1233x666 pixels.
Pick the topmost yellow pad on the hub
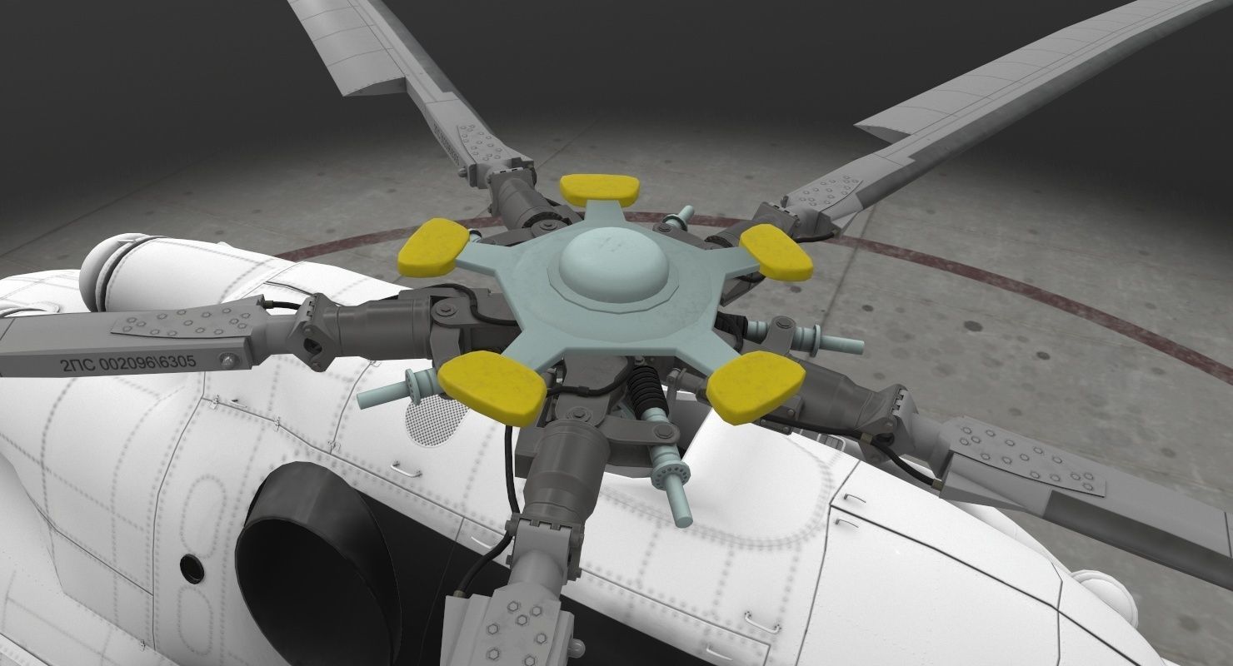[x=600, y=189]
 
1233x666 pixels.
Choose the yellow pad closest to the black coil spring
[x=754, y=384]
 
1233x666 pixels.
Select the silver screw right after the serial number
[x=225, y=360]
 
